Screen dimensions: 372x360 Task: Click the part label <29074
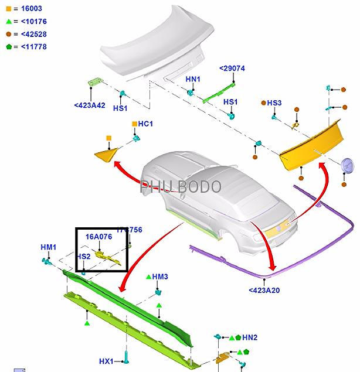232,69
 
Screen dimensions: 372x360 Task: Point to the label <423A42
89,105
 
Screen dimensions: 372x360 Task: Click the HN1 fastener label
193,79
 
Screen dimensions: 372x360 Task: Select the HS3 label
274,103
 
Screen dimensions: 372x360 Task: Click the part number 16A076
99,237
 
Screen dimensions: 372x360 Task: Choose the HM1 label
49,247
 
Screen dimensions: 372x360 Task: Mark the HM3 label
160,277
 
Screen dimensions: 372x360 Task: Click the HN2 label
250,337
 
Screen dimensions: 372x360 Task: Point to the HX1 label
107,361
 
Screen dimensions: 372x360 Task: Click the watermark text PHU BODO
181,187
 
